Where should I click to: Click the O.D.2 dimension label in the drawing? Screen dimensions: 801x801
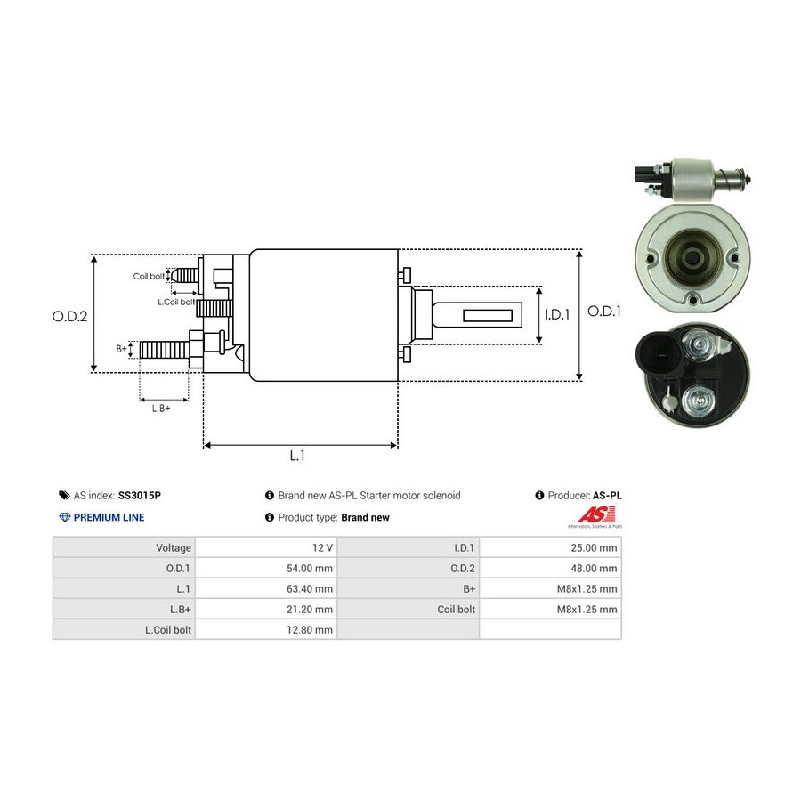[x=69, y=316]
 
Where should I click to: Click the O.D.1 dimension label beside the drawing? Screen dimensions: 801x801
[x=604, y=311]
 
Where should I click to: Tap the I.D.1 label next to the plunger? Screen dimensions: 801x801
[x=557, y=315]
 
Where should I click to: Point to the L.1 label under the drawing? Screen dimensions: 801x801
[x=297, y=456]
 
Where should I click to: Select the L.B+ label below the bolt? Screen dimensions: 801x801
[x=161, y=409]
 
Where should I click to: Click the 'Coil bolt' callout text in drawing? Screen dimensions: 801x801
[x=149, y=277]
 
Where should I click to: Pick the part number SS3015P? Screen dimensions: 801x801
[x=140, y=496]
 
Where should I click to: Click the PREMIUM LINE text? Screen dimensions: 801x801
[x=109, y=517]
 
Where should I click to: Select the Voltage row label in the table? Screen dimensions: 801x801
[x=174, y=547]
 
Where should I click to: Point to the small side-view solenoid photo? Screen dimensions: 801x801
[x=693, y=179]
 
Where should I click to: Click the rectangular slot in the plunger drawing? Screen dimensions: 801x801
[x=488, y=315]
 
